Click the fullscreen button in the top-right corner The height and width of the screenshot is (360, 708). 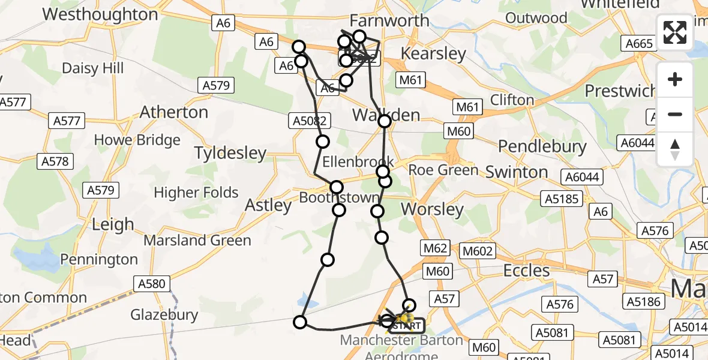[x=675, y=32]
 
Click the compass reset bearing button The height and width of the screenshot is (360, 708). [x=675, y=149]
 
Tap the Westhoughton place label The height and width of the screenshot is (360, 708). [x=100, y=14]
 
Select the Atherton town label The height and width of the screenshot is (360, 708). [x=174, y=112]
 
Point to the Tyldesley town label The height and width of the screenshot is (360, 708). [x=230, y=153]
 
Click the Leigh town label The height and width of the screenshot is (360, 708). [x=113, y=225]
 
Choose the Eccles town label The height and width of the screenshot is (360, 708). [x=526, y=271]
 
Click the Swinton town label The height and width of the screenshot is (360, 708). [x=517, y=172]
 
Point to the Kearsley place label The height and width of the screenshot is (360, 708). [x=433, y=54]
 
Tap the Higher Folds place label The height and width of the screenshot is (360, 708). [x=196, y=193]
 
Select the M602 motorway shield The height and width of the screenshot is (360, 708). [x=478, y=251]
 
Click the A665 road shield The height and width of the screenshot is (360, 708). [x=639, y=44]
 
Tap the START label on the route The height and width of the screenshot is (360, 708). [x=406, y=326]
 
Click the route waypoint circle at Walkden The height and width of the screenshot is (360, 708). [x=385, y=121]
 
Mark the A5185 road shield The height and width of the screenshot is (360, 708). [x=561, y=199]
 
